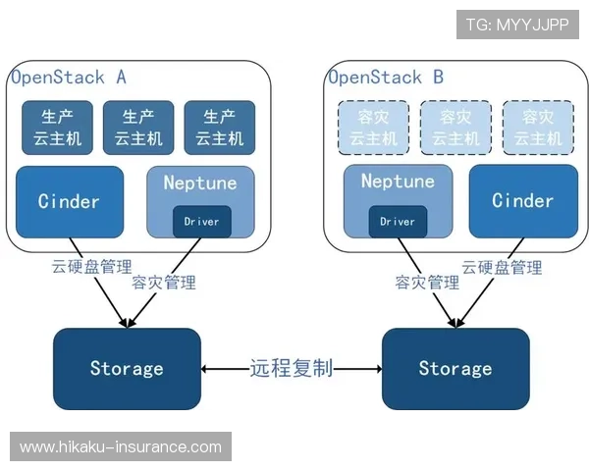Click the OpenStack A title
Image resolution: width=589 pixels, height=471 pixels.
point(69,78)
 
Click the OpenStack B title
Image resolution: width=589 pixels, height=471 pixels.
point(386,78)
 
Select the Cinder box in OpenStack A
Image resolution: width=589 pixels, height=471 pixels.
point(70,202)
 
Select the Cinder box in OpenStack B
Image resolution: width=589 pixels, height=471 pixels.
point(522,202)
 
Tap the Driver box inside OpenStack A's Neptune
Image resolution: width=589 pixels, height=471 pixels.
point(202,222)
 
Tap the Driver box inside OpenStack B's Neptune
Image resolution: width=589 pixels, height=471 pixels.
point(398,222)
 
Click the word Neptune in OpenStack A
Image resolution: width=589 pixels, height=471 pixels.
point(201,183)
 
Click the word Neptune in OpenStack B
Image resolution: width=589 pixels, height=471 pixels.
point(398,182)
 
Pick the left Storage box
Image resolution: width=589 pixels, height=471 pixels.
point(127,369)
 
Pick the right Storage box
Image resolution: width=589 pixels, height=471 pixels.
point(455,369)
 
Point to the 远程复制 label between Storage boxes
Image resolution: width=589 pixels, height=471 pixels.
point(292,369)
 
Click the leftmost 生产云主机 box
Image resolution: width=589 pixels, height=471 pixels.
point(57,128)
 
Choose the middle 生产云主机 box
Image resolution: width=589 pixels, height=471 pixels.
point(138,128)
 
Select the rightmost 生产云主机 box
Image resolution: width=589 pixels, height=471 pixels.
point(219,128)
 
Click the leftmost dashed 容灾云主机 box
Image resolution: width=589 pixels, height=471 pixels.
point(372,128)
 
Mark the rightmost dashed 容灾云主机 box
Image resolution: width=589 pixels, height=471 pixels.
point(536,128)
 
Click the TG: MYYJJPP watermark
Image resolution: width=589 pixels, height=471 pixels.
point(517,25)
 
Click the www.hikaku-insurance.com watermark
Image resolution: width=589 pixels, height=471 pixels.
point(121,447)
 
